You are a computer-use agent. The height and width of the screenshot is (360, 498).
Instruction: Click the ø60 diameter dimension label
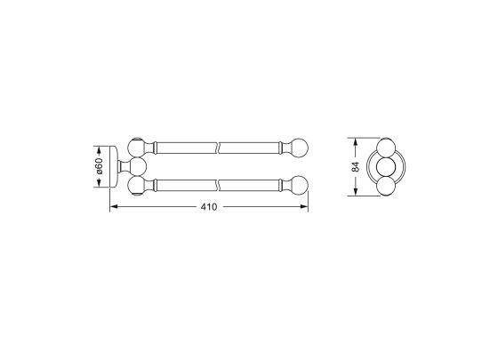100,166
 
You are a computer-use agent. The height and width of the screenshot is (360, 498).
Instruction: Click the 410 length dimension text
209,207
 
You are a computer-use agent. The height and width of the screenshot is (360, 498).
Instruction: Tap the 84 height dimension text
356,167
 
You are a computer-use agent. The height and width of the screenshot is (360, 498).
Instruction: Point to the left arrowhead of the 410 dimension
114,206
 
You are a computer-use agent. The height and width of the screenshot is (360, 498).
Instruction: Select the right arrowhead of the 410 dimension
304,206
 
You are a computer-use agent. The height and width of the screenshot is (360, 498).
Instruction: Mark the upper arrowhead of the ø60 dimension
100,150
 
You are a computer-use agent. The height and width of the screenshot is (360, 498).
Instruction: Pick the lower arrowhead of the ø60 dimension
100,183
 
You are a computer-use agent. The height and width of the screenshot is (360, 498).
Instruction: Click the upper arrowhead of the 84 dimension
356,142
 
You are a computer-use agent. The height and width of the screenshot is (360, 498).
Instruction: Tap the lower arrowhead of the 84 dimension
356,191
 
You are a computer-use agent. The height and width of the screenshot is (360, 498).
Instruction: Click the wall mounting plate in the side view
114,166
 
